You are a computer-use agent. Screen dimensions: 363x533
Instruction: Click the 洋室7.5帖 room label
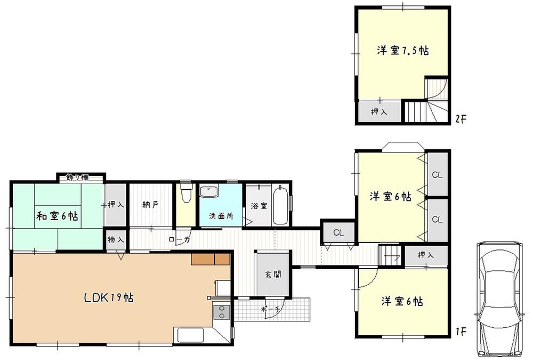pyautogui.click(x=402, y=51)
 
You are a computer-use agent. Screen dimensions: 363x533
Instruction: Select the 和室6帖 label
pyautogui.click(x=58, y=216)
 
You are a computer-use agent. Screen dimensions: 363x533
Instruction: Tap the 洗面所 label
pyautogui.click(x=221, y=216)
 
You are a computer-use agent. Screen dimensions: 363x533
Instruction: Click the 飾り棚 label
pyautogui.click(x=78, y=178)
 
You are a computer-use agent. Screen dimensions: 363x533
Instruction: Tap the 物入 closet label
pyautogui.click(x=116, y=240)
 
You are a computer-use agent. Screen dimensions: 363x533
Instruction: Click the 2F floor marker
pyautogui.click(x=461, y=118)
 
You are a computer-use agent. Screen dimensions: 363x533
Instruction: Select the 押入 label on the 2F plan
pyautogui.click(x=379, y=112)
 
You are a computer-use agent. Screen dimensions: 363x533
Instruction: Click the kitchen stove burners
pyautogui.click(x=221, y=311)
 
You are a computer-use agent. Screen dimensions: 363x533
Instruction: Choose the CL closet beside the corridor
pyautogui.click(x=338, y=232)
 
